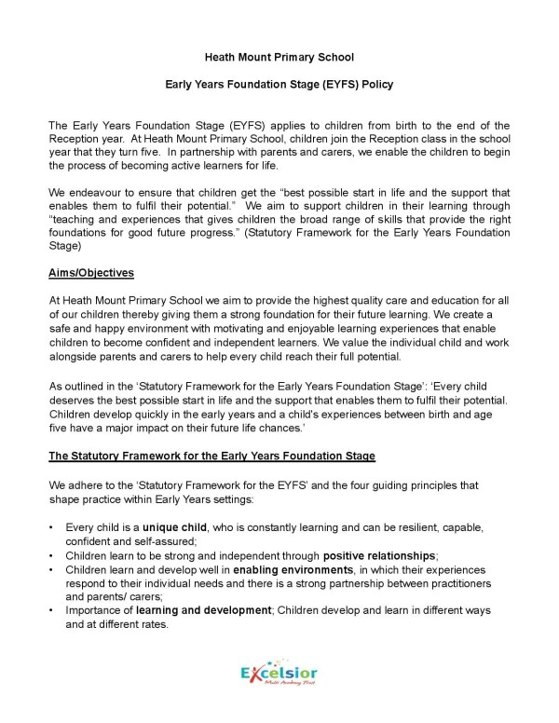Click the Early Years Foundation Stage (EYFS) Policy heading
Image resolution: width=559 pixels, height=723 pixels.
pyautogui.click(x=279, y=85)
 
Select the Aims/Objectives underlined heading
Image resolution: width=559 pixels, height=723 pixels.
pyautogui.click(x=91, y=272)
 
